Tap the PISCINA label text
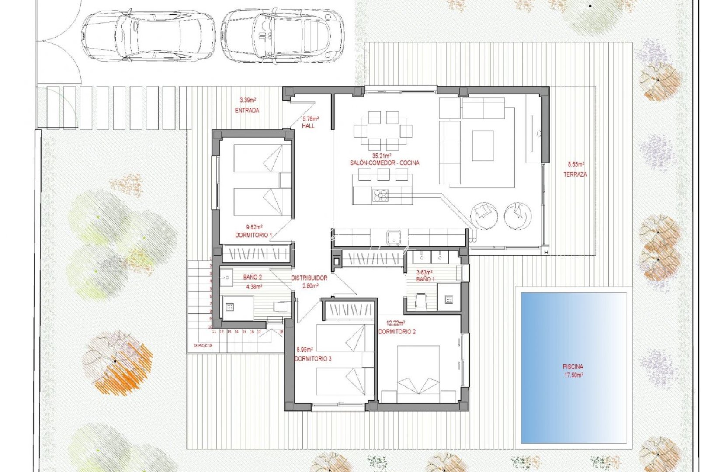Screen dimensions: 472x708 click(x=573, y=367)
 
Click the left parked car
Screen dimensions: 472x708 click(x=149, y=36)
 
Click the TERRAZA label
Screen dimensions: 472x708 click(x=575, y=174)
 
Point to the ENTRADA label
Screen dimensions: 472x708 click(x=247, y=110)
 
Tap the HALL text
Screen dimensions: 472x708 click(x=308, y=126)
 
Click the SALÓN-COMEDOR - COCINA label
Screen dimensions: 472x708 click(x=384, y=163)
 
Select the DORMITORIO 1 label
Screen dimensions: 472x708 click(x=253, y=235)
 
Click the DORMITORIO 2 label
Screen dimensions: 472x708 click(x=397, y=332)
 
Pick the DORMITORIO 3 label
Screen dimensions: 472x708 click(x=313, y=358)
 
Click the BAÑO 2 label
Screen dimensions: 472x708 click(x=252, y=277)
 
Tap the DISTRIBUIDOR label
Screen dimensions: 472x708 click(x=309, y=278)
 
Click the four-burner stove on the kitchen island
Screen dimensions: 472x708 click(x=380, y=195)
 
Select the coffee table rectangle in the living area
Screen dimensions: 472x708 click(x=483, y=146)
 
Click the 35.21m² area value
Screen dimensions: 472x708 click(x=382, y=156)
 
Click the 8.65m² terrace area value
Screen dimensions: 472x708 click(x=576, y=164)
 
